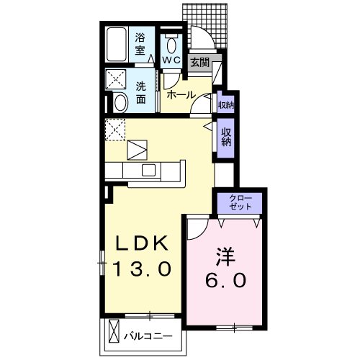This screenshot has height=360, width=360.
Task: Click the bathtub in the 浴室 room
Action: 117,45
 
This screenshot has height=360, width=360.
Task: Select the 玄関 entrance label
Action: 199,63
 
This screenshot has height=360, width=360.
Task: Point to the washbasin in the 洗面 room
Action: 120,102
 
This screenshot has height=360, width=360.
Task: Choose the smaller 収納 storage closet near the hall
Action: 225,104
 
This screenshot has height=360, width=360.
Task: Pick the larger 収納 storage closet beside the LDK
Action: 225,137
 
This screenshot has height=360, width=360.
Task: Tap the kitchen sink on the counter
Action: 149,170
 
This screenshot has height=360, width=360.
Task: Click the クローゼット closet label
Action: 240,202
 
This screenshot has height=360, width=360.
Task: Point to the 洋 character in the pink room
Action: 224,256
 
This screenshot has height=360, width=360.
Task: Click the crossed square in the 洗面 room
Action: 116,78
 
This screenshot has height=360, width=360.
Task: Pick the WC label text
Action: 171,60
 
